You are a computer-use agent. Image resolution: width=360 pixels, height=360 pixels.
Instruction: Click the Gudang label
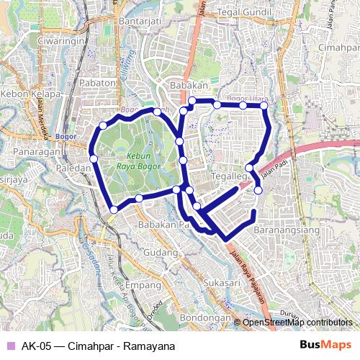tap(160, 253)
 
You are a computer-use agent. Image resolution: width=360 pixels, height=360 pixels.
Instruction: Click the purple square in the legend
tap(10, 346)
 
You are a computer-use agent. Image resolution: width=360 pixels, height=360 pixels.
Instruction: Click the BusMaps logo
tap(326, 345)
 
